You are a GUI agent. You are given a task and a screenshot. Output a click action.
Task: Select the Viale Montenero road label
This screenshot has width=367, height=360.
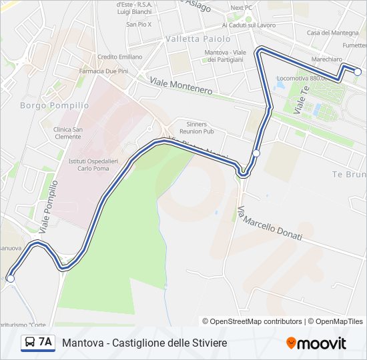181,85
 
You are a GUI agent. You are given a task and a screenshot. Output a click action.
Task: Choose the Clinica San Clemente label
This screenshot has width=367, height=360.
69,133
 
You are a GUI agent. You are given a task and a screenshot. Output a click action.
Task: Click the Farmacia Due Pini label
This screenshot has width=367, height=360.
103,71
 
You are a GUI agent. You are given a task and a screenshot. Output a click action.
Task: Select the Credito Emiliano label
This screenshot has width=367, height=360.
119,57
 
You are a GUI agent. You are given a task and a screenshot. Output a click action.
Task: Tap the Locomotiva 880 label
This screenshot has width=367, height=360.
301,78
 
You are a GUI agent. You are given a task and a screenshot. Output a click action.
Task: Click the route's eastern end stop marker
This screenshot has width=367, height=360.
358,71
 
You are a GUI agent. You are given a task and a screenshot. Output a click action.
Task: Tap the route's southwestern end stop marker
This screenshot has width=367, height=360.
10,279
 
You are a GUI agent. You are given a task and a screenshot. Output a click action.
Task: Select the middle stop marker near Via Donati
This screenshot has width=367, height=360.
256,153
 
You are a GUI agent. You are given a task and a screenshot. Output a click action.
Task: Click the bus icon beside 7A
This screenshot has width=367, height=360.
31,343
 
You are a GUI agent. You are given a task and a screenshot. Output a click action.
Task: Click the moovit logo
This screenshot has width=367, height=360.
316,343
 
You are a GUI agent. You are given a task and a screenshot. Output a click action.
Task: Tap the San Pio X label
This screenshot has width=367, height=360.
139,25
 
